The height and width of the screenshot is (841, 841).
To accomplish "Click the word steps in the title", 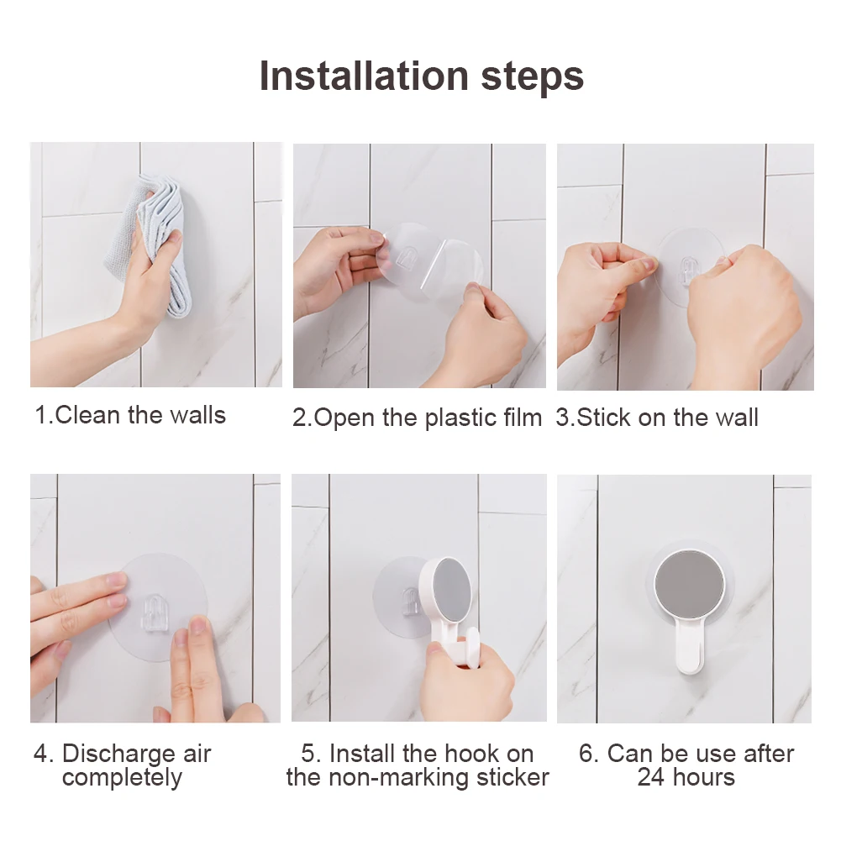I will point(531,76).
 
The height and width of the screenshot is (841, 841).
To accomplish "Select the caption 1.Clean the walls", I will point(130,414).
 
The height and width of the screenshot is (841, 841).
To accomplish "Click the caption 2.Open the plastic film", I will point(417,418).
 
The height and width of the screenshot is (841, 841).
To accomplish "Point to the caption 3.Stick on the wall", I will point(657,418).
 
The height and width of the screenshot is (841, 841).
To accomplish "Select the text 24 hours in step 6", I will point(686,777).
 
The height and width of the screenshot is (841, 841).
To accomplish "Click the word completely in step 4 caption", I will point(122,778).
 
